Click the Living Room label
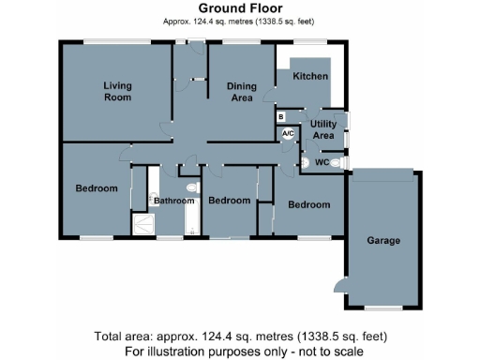117,91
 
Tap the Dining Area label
242,91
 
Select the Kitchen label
309,75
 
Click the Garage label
382,241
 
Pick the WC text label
322,162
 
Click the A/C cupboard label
288,134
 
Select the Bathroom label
174,201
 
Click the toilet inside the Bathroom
191,188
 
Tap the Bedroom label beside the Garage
308,204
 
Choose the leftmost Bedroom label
97,188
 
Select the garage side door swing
337,285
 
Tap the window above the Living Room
116,40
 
